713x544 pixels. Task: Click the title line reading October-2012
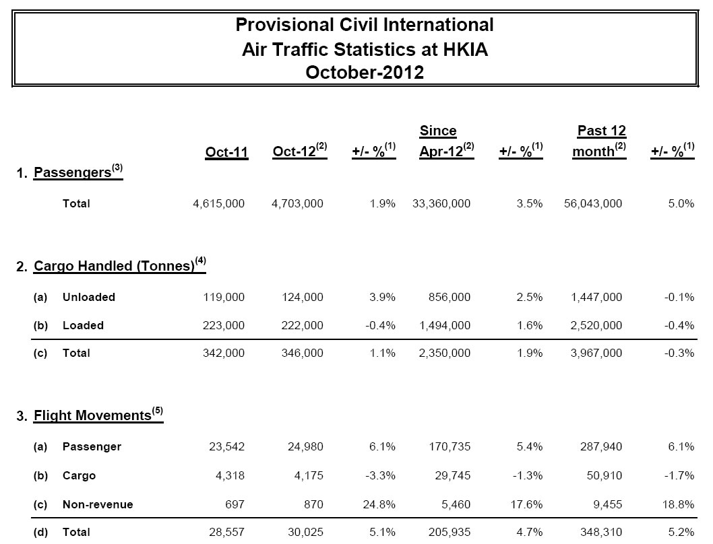click(365, 72)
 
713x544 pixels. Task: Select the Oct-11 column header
click(226, 153)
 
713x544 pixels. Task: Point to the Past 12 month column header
click(599, 142)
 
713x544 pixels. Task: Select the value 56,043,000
click(593, 203)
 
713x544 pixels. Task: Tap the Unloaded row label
click(89, 297)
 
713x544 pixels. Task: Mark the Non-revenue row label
click(98, 504)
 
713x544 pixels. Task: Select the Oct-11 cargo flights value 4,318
click(229, 475)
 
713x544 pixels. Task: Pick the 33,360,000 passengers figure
click(441, 203)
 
